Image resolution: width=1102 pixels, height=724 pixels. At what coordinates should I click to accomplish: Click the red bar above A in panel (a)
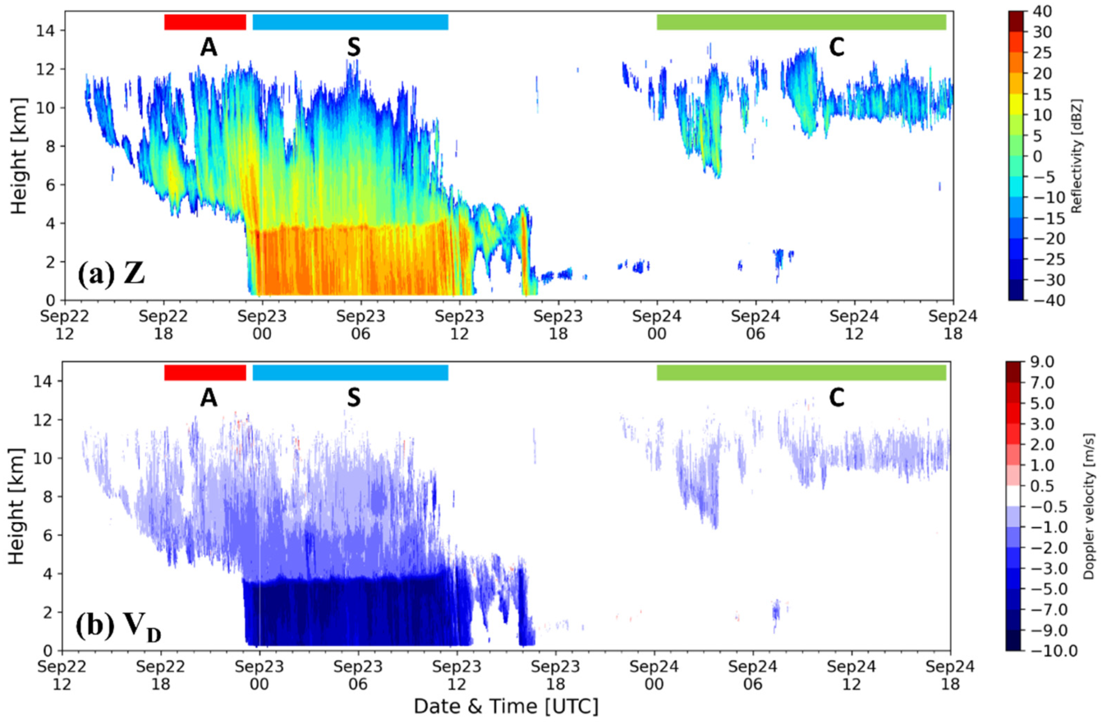[205, 22]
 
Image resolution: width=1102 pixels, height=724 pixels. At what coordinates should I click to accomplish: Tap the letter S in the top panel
[354, 48]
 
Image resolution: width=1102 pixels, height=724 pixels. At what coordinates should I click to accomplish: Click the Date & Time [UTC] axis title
[506, 706]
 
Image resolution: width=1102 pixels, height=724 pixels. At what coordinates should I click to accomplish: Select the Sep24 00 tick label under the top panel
[657, 324]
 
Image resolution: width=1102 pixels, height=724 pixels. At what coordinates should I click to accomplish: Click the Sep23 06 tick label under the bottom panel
[358, 675]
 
